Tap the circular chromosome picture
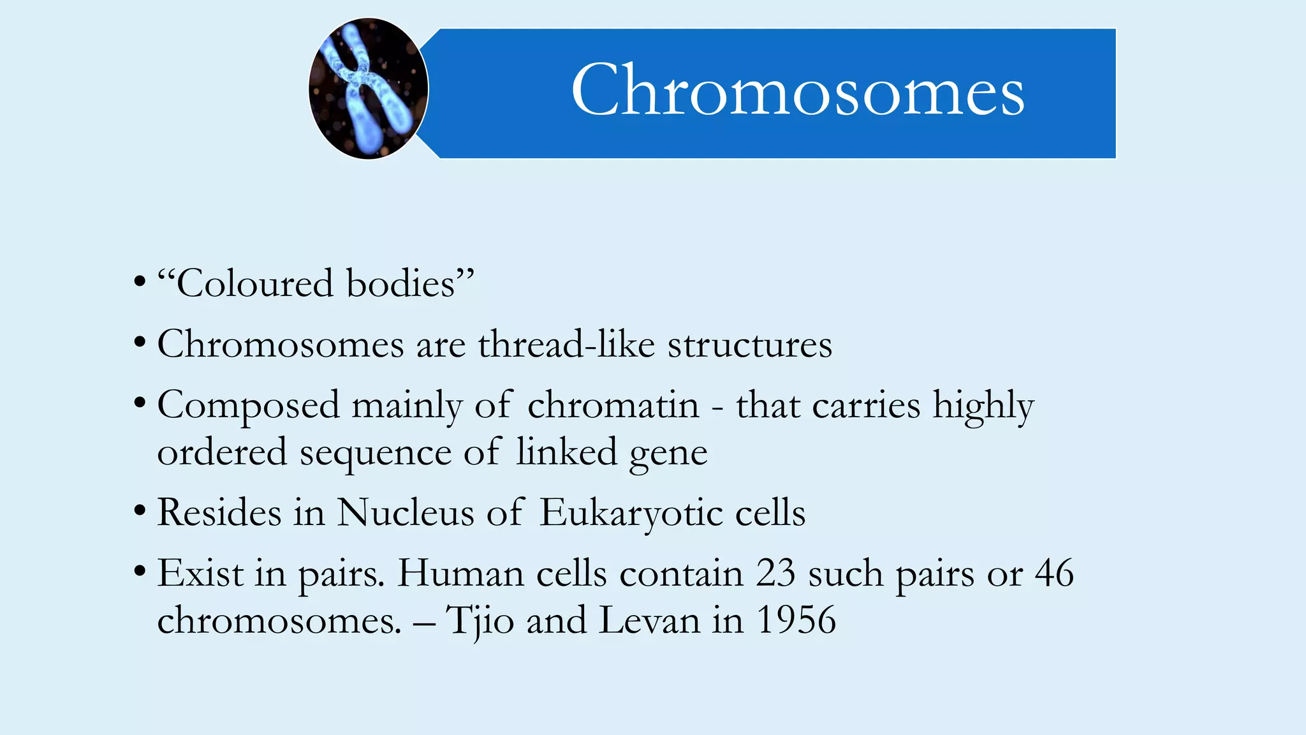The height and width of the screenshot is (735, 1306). pos(369,89)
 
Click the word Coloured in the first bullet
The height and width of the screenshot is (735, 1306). pos(254,283)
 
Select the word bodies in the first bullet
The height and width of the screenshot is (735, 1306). pos(400,283)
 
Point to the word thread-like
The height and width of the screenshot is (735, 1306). pos(566,345)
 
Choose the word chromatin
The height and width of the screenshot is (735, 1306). pos(613,406)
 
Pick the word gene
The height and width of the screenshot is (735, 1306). pos(668,454)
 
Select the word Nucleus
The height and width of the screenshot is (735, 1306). pos(405,512)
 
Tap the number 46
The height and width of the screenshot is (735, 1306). pos(1054,573)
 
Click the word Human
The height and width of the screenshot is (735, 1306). pos(460,573)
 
